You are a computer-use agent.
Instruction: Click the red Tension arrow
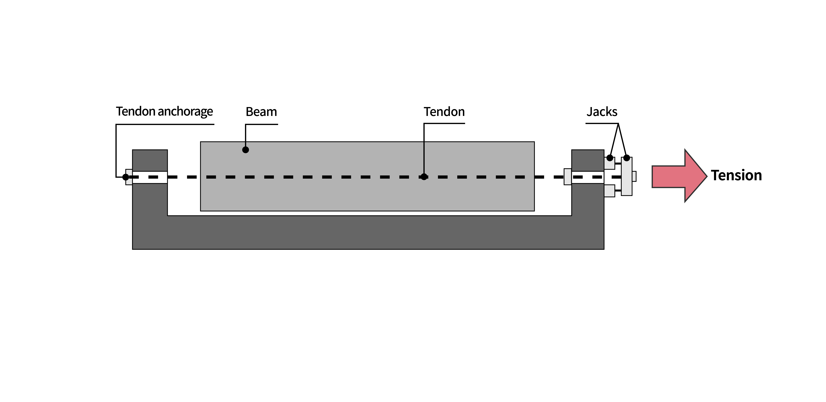tap(679, 176)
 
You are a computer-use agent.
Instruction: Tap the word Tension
tap(736, 175)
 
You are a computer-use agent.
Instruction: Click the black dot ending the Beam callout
tap(246, 150)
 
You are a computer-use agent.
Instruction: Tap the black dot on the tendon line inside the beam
tap(424, 177)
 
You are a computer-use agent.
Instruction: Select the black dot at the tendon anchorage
tap(126, 177)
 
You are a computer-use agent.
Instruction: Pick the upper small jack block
tap(610, 163)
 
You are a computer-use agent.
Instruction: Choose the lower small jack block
tap(610, 191)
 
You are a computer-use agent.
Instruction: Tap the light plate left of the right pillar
tap(568, 177)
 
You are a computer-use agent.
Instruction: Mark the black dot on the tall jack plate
tap(627, 158)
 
